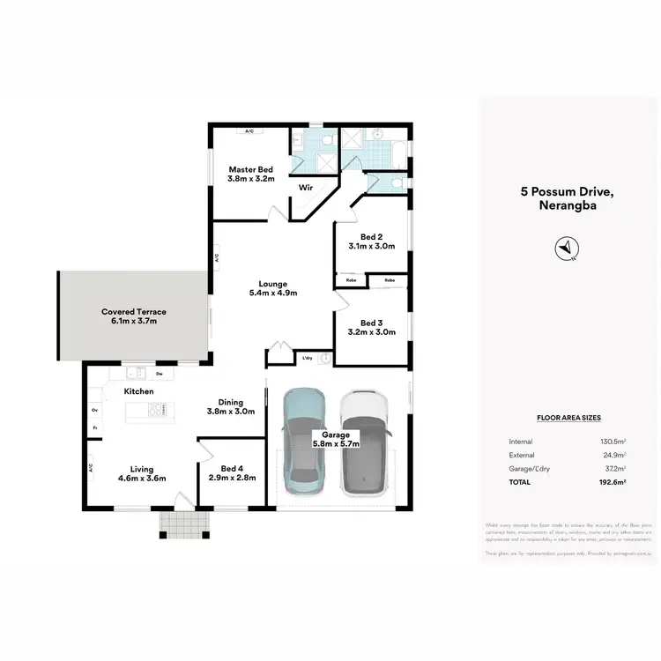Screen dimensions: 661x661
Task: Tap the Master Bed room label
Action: tap(251, 169)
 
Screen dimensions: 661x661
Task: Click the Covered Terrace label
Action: tap(134, 312)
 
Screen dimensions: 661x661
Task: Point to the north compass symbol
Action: tap(566, 249)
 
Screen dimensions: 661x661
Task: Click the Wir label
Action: tap(306, 188)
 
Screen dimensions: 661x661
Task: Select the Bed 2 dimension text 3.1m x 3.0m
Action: tap(372, 247)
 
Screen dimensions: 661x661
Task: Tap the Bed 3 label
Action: tap(372, 323)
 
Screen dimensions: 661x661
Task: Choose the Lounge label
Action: tap(273, 284)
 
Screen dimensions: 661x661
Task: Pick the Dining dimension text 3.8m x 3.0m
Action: tap(231, 412)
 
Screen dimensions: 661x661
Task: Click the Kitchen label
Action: tap(139, 390)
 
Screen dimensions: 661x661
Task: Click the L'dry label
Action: tap(308, 358)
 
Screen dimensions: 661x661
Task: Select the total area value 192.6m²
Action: tap(613, 483)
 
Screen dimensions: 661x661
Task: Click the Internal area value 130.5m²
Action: tap(613, 442)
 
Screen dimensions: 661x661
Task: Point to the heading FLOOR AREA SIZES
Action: tap(568, 418)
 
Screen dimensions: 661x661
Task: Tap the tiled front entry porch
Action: tap(183, 524)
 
